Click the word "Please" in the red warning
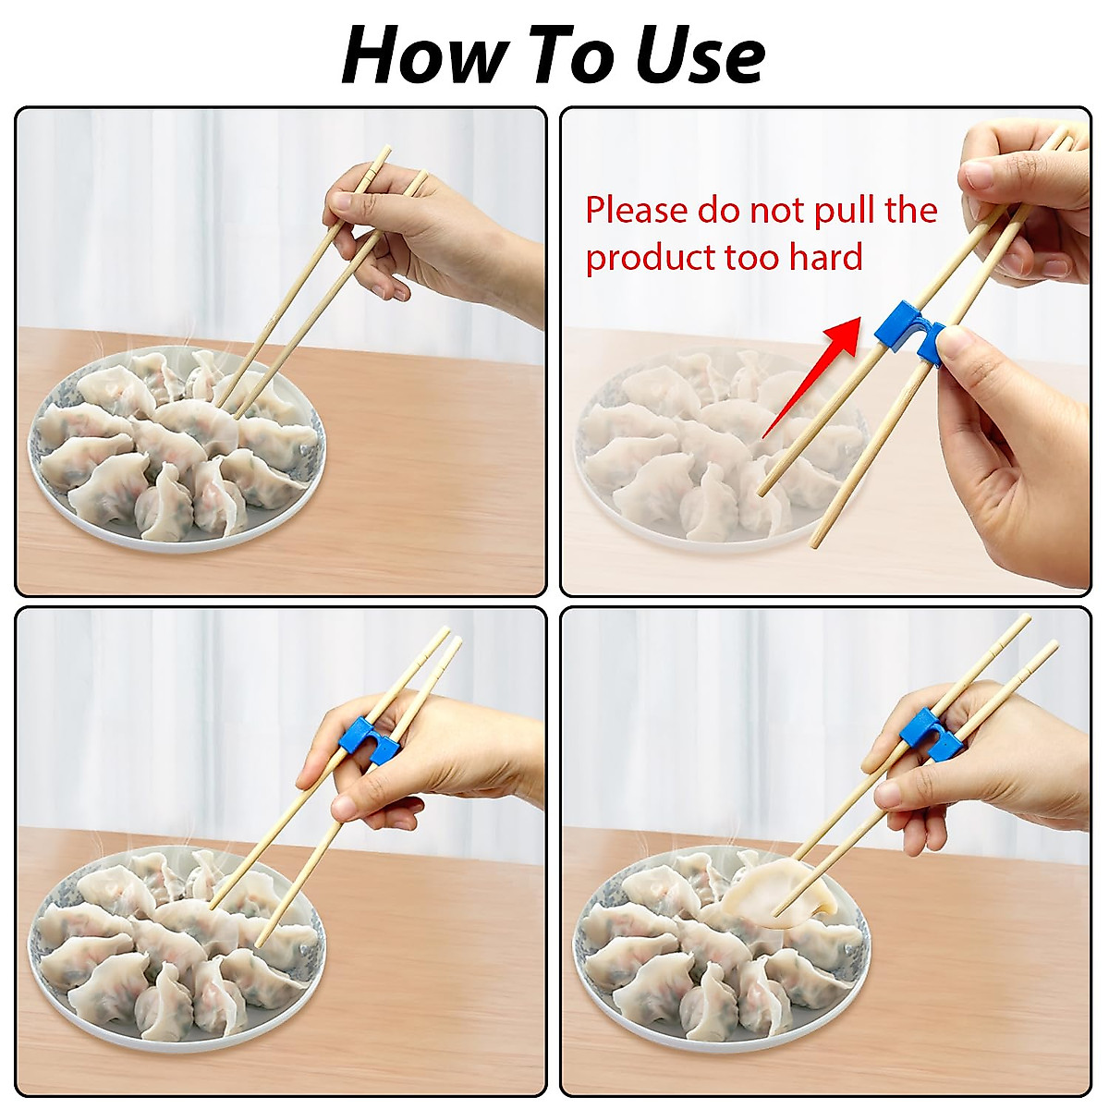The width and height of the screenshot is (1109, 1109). coord(637,212)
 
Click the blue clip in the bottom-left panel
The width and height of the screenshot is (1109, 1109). coord(366,740)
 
